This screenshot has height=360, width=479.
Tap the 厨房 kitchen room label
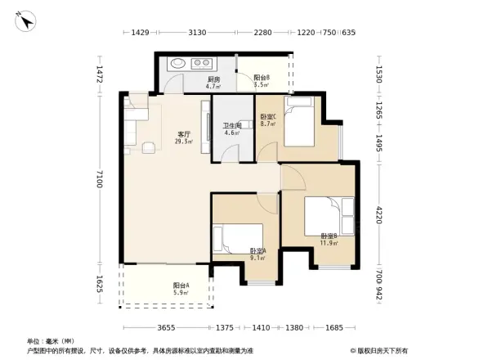coord(190,80)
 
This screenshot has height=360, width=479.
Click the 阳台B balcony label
coord(262,80)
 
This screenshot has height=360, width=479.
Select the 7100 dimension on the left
coord(99,178)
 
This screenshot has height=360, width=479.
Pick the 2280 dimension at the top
coord(262,33)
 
